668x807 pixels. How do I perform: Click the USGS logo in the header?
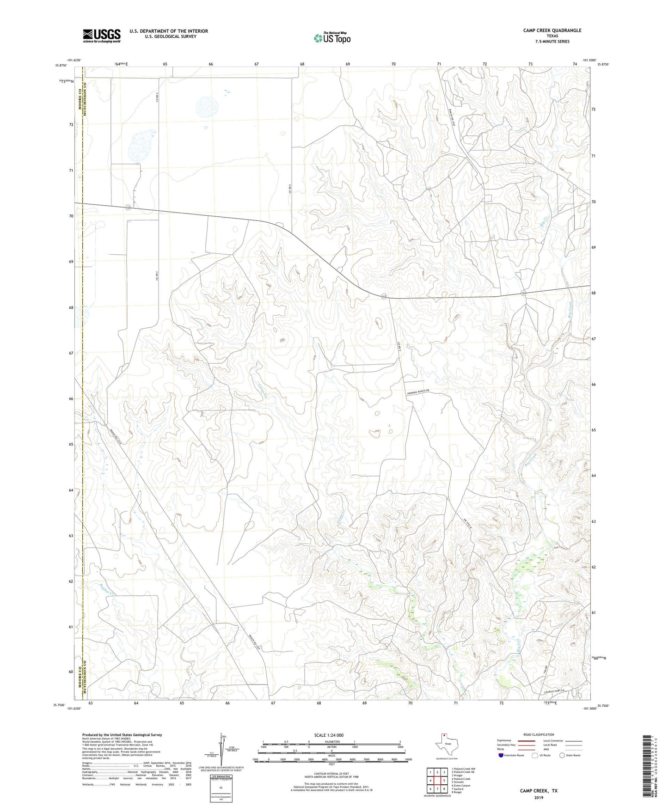[x=102, y=35]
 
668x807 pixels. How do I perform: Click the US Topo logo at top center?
[x=332, y=38]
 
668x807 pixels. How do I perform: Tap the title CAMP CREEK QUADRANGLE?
[x=552, y=31]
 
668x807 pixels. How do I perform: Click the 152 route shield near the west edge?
[x=128, y=208]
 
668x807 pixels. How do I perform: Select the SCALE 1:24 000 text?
[x=329, y=735]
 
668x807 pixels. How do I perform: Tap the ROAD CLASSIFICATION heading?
[x=538, y=734]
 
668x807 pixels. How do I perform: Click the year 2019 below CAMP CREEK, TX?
[x=539, y=797]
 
